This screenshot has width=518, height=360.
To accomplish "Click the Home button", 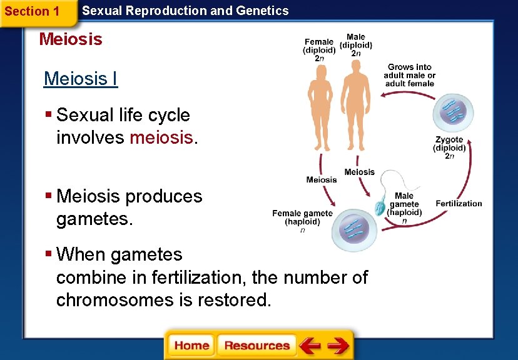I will [191, 346].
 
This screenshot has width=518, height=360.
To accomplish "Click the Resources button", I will [256, 346].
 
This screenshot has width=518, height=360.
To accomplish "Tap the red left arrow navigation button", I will [310, 346].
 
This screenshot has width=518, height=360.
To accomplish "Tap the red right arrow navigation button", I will [338, 346].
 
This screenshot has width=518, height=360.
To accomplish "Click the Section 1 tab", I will [33, 11].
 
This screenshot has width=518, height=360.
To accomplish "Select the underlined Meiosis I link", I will [81, 79].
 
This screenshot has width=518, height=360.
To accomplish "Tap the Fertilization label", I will [459, 203].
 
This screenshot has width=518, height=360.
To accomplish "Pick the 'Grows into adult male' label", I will [410, 75].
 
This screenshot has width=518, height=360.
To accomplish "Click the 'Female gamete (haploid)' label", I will [303, 217].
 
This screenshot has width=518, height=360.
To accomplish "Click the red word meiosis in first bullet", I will [161, 137].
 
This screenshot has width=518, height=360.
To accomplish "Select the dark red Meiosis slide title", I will [71, 39].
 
